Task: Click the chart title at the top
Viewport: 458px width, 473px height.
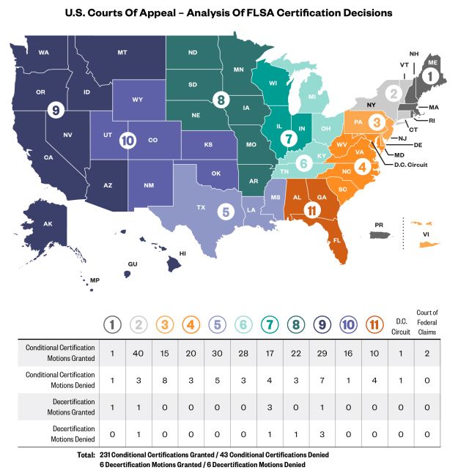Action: [x=229, y=12]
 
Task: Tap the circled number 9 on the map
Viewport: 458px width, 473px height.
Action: [x=53, y=110]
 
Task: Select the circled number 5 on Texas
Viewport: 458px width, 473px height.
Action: [x=226, y=212]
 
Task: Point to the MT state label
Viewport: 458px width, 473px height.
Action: [x=122, y=53]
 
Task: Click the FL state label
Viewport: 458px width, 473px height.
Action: [x=337, y=240]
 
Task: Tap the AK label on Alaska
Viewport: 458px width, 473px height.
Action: [x=47, y=224]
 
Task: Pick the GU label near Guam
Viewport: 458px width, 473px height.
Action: [x=133, y=264]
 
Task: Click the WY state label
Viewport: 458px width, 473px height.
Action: [x=137, y=99]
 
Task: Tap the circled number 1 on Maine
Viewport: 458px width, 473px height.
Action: [x=432, y=74]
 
